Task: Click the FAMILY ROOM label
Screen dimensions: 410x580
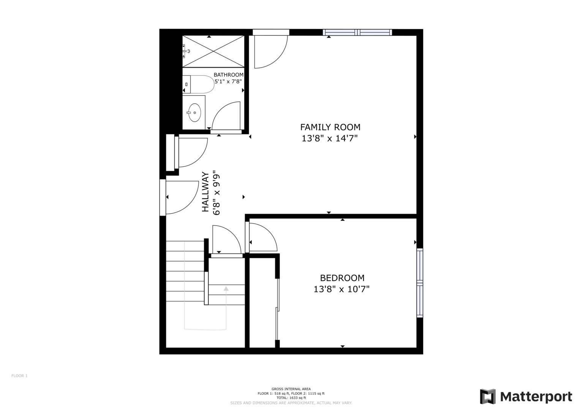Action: pos(330,127)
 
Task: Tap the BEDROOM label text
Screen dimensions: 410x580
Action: pos(342,278)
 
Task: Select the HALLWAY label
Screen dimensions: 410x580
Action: pos(205,192)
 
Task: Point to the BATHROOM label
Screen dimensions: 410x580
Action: pos(228,75)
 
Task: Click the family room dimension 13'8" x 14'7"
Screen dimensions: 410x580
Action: pos(330,139)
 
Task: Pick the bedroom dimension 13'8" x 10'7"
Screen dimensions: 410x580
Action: pos(341,289)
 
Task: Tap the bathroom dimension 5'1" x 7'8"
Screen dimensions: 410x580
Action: pos(228,81)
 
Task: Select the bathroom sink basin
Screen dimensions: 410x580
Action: pos(195,112)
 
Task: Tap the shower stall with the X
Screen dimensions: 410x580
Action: pos(213,51)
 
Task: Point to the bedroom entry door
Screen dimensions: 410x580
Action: pos(262,238)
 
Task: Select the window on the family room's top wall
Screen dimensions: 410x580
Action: pos(357,32)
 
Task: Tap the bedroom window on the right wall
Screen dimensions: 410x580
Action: pos(420,283)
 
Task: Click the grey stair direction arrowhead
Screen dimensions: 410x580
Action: pos(226,289)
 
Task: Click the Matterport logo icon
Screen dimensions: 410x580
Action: pos(488,397)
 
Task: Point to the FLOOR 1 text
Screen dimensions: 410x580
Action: pos(19,376)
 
